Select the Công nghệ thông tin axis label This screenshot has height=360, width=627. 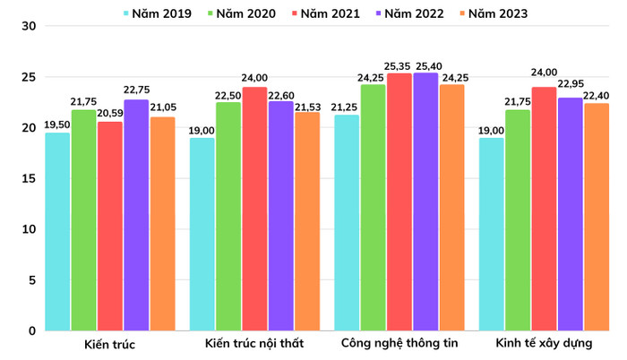point(399,344)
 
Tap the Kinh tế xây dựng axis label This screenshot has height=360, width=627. point(544,344)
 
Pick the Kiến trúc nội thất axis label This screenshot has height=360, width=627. point(254,344)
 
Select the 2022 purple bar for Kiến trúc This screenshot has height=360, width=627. point(136,215)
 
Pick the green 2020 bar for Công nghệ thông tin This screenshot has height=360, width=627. point(374,207)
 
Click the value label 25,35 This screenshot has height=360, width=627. point(399,65)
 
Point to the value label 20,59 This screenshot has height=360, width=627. point(110,114)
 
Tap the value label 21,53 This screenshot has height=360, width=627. point(307,104)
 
